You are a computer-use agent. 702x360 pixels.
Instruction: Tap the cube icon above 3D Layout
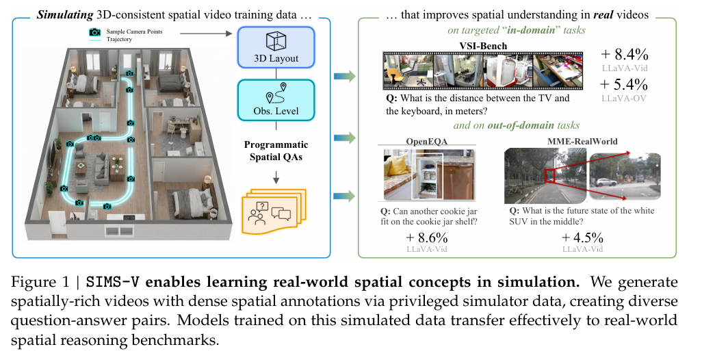[x=274, y=39]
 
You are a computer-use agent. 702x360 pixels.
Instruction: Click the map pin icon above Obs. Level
[x=276, y=92]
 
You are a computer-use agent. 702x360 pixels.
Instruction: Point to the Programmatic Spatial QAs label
[x=276, y=151]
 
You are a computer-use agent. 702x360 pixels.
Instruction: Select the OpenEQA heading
[x=427, y=142]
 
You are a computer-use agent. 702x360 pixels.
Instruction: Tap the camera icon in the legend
[x=94, y=32]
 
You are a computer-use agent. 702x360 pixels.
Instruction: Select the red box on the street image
[x=553, y=176]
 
